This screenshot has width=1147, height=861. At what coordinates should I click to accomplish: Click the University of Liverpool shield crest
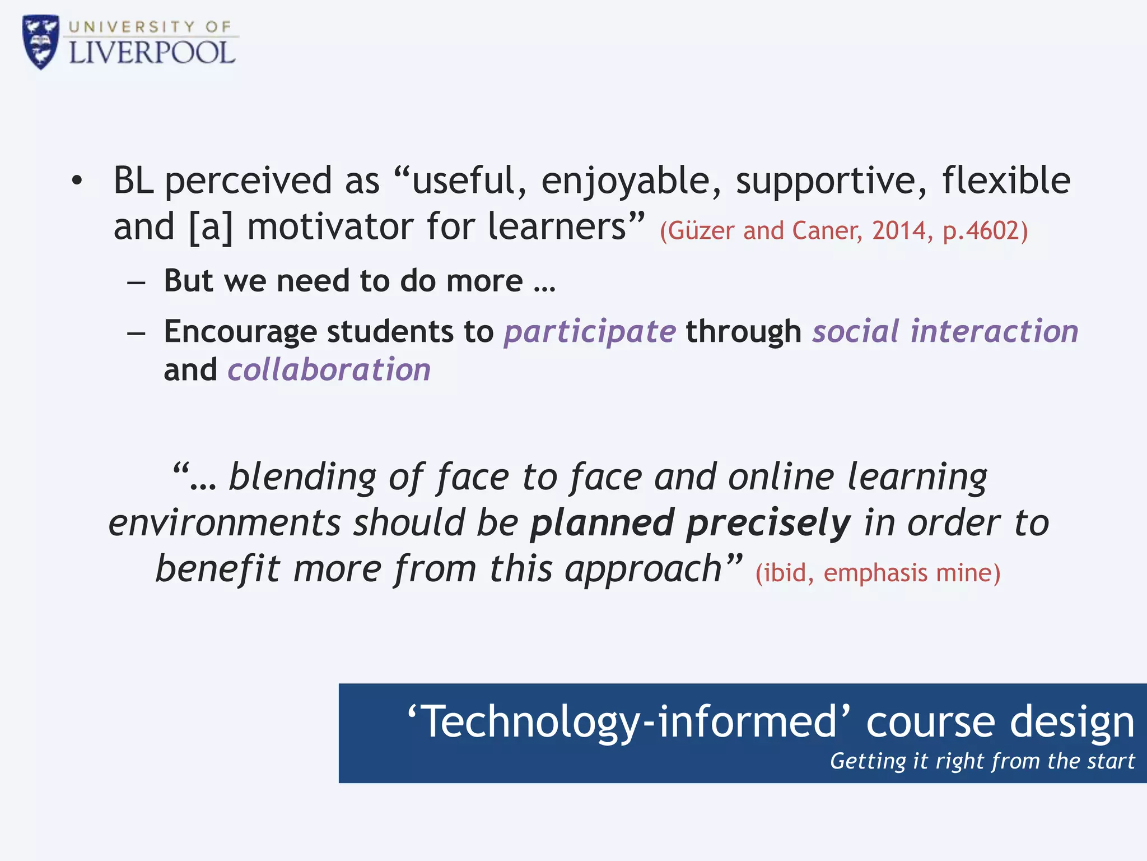click(40, 41)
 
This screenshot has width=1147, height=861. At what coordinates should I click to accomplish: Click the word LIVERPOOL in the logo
click(152, 53)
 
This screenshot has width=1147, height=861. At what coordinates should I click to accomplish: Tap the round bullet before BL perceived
click(77, 181)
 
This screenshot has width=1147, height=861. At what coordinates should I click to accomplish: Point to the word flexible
click(1006, 180)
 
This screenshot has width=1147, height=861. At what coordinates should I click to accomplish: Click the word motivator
click(330, 227)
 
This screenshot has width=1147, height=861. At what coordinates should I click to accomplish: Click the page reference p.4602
click(985, 230)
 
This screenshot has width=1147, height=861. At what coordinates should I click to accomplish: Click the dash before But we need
click(136, 282)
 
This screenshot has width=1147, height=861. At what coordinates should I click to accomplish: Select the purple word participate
click(590, 332)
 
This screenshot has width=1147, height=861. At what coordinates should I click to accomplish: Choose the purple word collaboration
click(329, 370)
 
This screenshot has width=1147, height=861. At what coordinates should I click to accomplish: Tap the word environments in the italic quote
click(224, 522)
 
